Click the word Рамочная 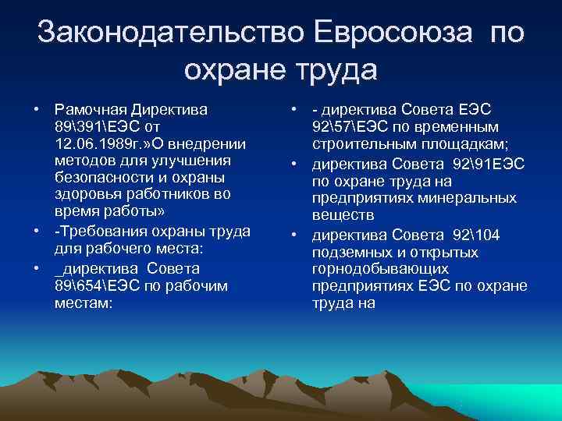(88, 108)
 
